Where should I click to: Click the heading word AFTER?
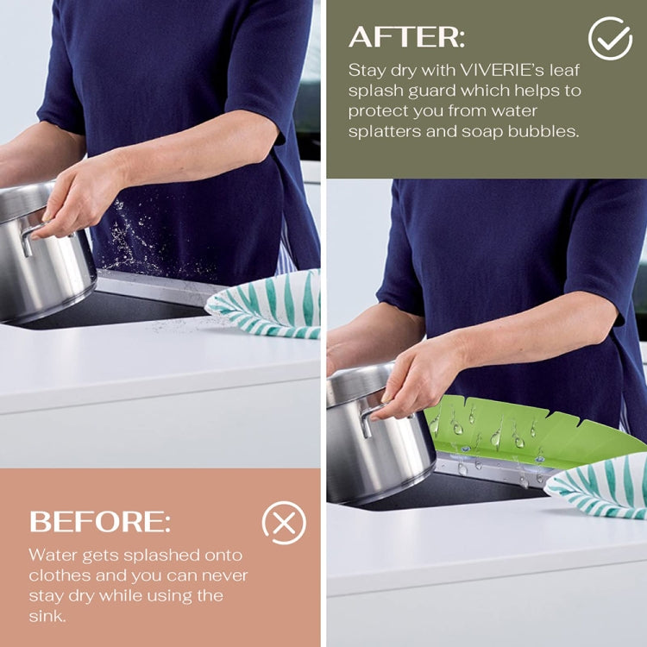406,36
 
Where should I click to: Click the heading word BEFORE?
100,521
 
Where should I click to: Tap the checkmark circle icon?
610,38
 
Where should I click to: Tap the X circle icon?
283,523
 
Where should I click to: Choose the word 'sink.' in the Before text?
47,616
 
